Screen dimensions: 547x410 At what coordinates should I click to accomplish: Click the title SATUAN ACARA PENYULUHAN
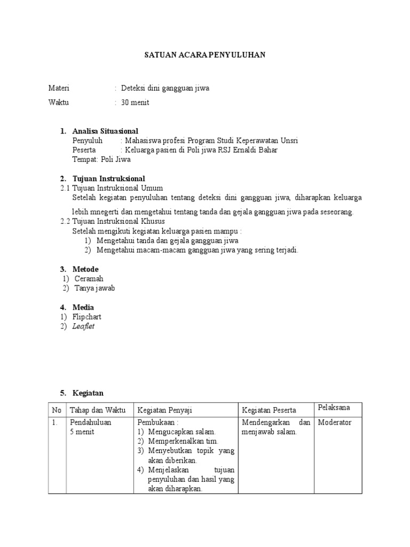pos(206,55)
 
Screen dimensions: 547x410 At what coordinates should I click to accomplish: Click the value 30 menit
pos(135,102)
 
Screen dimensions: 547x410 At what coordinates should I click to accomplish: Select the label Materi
pos(59,88)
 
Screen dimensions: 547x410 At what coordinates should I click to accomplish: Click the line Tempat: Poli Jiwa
pos(101,159)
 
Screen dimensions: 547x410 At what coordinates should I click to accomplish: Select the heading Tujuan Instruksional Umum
pos(117,188)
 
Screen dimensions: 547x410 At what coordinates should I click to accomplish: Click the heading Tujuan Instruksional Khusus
pos(119,221)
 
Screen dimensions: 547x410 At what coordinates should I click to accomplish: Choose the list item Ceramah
pos(89,279)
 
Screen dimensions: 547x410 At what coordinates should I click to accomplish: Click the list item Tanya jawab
pos(94,288)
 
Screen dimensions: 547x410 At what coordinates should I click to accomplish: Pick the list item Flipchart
pos(87,317)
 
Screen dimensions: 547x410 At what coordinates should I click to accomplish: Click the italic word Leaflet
pos(83,326)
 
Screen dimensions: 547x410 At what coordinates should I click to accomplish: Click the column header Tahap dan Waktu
pos(97,410)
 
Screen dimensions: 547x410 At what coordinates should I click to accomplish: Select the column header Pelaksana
pos(334,408)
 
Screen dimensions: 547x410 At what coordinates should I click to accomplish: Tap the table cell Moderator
pos(335,423)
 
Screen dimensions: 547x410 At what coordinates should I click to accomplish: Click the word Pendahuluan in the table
pos(91,423)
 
